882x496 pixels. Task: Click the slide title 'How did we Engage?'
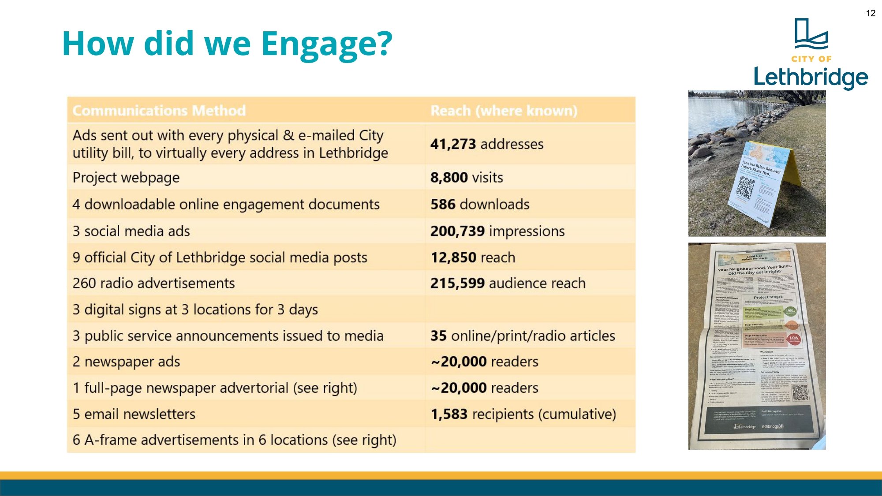click(227, 44)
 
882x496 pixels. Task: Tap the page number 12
click(871, 13)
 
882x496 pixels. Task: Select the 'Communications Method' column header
click(159, 111)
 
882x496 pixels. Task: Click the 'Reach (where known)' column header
click(504, 111)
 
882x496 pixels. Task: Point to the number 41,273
click(453, 144)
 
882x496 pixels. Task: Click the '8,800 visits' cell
click(467, 177)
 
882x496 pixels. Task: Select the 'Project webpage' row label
click(126, 177)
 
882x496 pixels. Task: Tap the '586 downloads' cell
click(480, 204)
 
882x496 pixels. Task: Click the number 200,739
click(457, 231)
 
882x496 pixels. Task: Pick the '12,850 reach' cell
click(473, 257)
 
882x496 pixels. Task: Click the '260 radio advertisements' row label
click(153, 283)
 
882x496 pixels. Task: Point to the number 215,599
click(457, 283)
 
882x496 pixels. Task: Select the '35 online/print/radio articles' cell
click(523, 336)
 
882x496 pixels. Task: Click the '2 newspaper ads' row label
click(126, 362)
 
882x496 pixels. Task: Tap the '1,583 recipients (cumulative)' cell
click(523, 414)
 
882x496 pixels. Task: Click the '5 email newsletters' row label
click(134, 414)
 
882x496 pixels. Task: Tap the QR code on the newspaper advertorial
click(800, 393)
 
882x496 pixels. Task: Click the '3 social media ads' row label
click(131, 231)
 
